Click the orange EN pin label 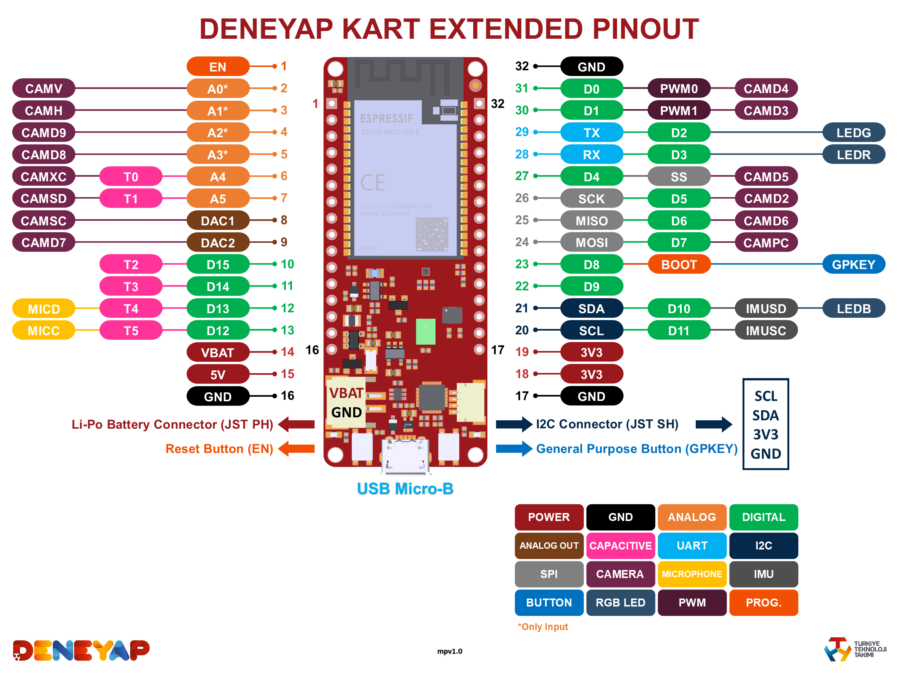click(217, 67)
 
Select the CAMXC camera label click(43, 176)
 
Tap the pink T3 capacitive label click(131, 287)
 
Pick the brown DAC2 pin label click(217, 242)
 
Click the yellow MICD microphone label click(43, 309)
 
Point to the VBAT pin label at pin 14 click(217, 353)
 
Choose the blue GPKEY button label click(854, 264)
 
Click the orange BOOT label click(679, 264)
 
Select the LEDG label click(854, 133)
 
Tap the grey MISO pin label click(592, 221)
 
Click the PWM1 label click(679, 110)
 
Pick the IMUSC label click(766, 331)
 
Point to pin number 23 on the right click(522, 264)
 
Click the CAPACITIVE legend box click(620, 546)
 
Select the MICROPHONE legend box click(692, 574)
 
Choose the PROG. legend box click(763, 602)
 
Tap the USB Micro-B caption click(405, 489)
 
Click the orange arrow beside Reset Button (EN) click(297, 449)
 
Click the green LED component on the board click(425, 331)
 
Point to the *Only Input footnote click(543, 627)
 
